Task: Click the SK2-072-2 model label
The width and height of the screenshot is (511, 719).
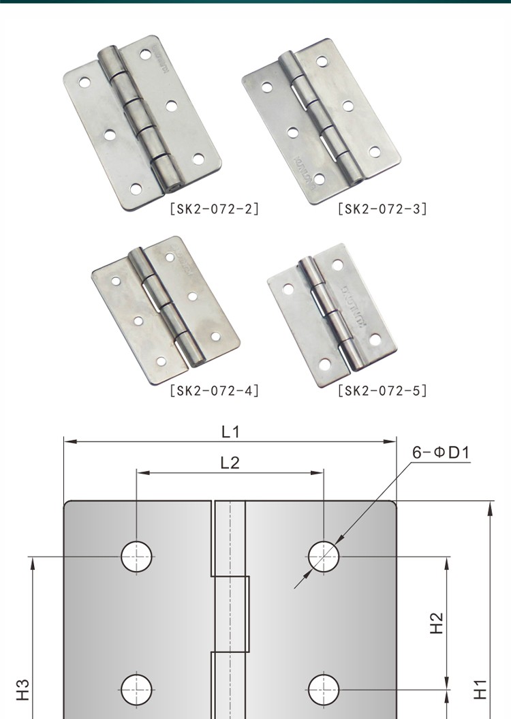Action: [x=213, y=209]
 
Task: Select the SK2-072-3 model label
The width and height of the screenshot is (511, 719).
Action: [x=382, y=209]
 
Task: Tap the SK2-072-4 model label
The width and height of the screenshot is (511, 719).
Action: [x=213, y=391]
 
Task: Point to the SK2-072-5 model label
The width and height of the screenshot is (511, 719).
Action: [x=382, y=391]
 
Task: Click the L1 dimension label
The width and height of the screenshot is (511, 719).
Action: [x=230, y=431]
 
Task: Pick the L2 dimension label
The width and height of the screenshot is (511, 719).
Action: [x=230, y=463]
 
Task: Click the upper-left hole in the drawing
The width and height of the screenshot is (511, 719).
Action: [x=136, y=557]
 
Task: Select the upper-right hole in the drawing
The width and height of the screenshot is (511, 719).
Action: [x=324, y=557]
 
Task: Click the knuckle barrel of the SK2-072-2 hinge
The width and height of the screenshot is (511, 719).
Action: [x=137, y=117]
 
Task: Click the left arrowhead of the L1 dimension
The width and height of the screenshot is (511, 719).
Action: [x=68, y=442]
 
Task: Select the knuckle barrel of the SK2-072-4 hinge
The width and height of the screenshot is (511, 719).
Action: [x=164, y=307]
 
